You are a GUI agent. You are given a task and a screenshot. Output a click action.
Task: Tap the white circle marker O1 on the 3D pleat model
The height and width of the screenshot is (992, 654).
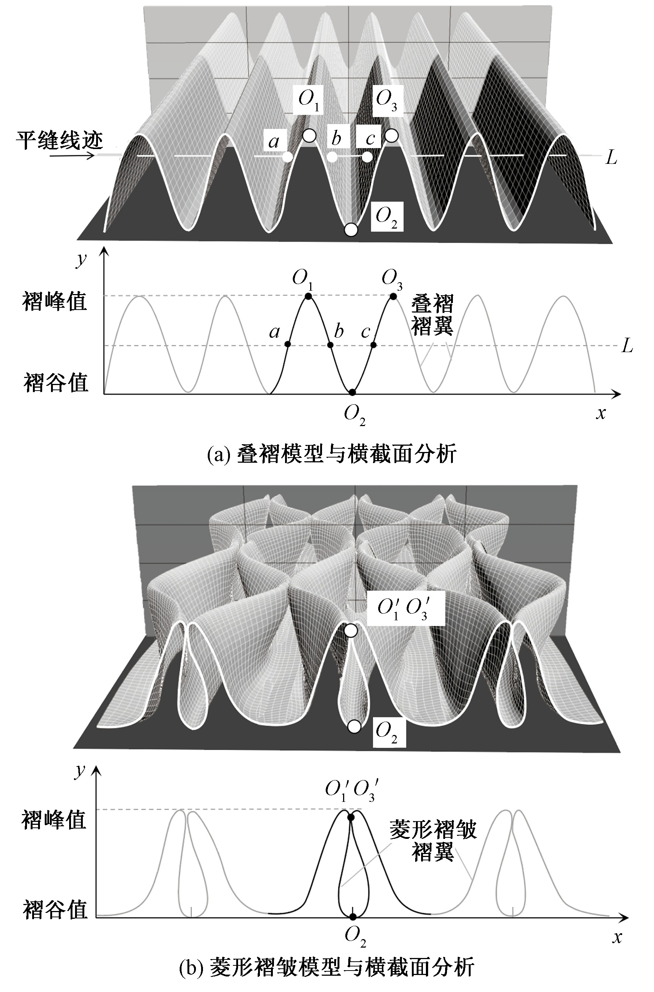(309, 135)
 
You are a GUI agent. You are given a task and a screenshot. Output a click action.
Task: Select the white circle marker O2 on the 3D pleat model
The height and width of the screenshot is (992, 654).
(351, 230)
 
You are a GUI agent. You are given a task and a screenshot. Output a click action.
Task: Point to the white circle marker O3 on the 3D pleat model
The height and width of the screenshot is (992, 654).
(391, 135)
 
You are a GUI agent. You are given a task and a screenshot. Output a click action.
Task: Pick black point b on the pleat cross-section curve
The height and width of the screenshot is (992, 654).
(331, 345)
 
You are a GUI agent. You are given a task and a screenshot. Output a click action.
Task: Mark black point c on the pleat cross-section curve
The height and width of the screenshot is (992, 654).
(373, 345)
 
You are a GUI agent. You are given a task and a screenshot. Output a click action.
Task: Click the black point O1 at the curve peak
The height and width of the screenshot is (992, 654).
(308, 296)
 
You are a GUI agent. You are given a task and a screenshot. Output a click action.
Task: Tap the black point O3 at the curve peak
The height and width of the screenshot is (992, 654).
(393, 297)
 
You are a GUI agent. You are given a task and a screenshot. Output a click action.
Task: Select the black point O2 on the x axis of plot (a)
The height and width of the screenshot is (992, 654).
(352, 392)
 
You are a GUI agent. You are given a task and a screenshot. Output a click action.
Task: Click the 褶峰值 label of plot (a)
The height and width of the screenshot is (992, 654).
(54, 301)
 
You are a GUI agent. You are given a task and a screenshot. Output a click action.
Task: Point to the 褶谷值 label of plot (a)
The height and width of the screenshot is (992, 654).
(55, 382)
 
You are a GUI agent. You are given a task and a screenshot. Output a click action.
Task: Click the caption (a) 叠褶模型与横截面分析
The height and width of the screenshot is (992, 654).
(332, 454)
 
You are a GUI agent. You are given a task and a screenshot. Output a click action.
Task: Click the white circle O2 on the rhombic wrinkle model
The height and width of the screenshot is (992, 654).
(354, 727)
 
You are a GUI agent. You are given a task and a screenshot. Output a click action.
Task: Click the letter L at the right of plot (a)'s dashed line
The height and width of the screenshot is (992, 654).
(627, 346)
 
